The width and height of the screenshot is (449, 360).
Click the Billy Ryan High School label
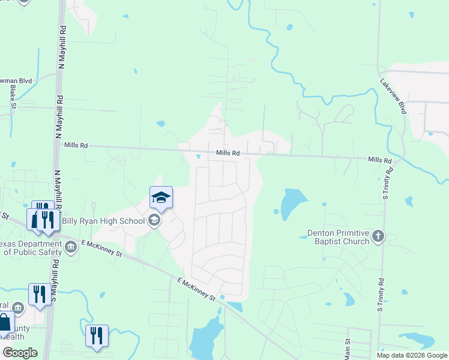[103, 221]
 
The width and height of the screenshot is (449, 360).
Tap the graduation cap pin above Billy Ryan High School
[161, 197]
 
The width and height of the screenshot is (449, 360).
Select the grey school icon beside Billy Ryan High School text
[154, 221]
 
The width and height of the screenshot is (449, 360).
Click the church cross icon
[378, 236]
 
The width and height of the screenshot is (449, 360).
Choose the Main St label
[346, 347]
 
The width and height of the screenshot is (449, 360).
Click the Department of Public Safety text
[30, 248]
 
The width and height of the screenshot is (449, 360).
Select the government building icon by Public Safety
[71, 246]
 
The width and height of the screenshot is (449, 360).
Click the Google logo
[20, 353]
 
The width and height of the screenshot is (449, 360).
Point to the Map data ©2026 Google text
[411, 355]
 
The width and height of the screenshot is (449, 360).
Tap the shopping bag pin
[5, 323]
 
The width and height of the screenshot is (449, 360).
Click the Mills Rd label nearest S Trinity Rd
[379, 160]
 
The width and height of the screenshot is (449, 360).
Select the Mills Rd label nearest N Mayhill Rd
[76, 145]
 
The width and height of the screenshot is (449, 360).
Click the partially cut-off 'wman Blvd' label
[18, 79]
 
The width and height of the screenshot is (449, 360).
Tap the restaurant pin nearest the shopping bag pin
[39, 294]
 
